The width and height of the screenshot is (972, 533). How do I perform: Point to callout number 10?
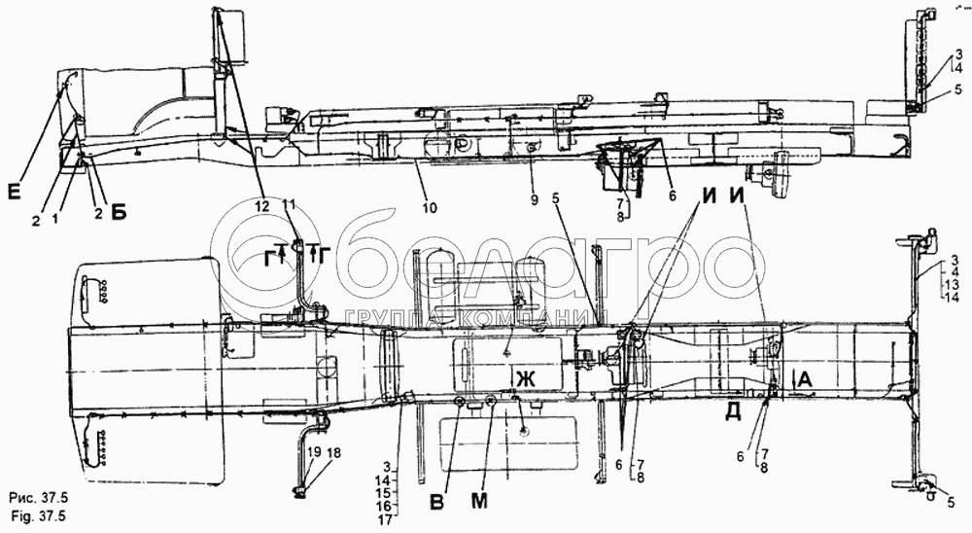[430, 206]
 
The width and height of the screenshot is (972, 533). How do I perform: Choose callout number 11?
[288, 205]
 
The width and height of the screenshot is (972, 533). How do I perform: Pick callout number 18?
[333, 452]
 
